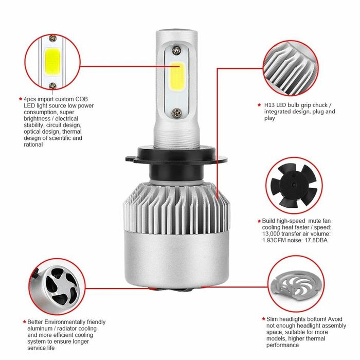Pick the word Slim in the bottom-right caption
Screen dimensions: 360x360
(x=273, y=319)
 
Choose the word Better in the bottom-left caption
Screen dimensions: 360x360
(x=34, y=321)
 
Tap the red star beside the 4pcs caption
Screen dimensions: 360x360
(x=20, y=98)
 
